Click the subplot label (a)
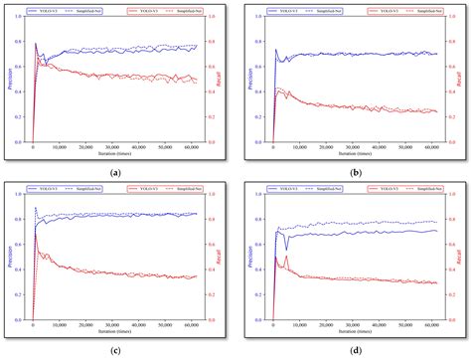coord(117,171)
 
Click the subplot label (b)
coord(355,171)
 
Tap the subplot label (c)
coord(117,350)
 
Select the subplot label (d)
coord(355,350)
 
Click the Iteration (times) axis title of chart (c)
coord(117,332)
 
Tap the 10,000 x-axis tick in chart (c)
coord(60,326)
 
